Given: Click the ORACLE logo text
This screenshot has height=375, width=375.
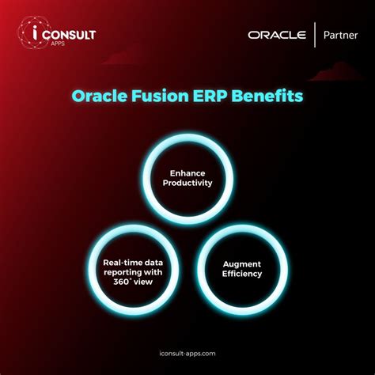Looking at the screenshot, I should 276,35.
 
